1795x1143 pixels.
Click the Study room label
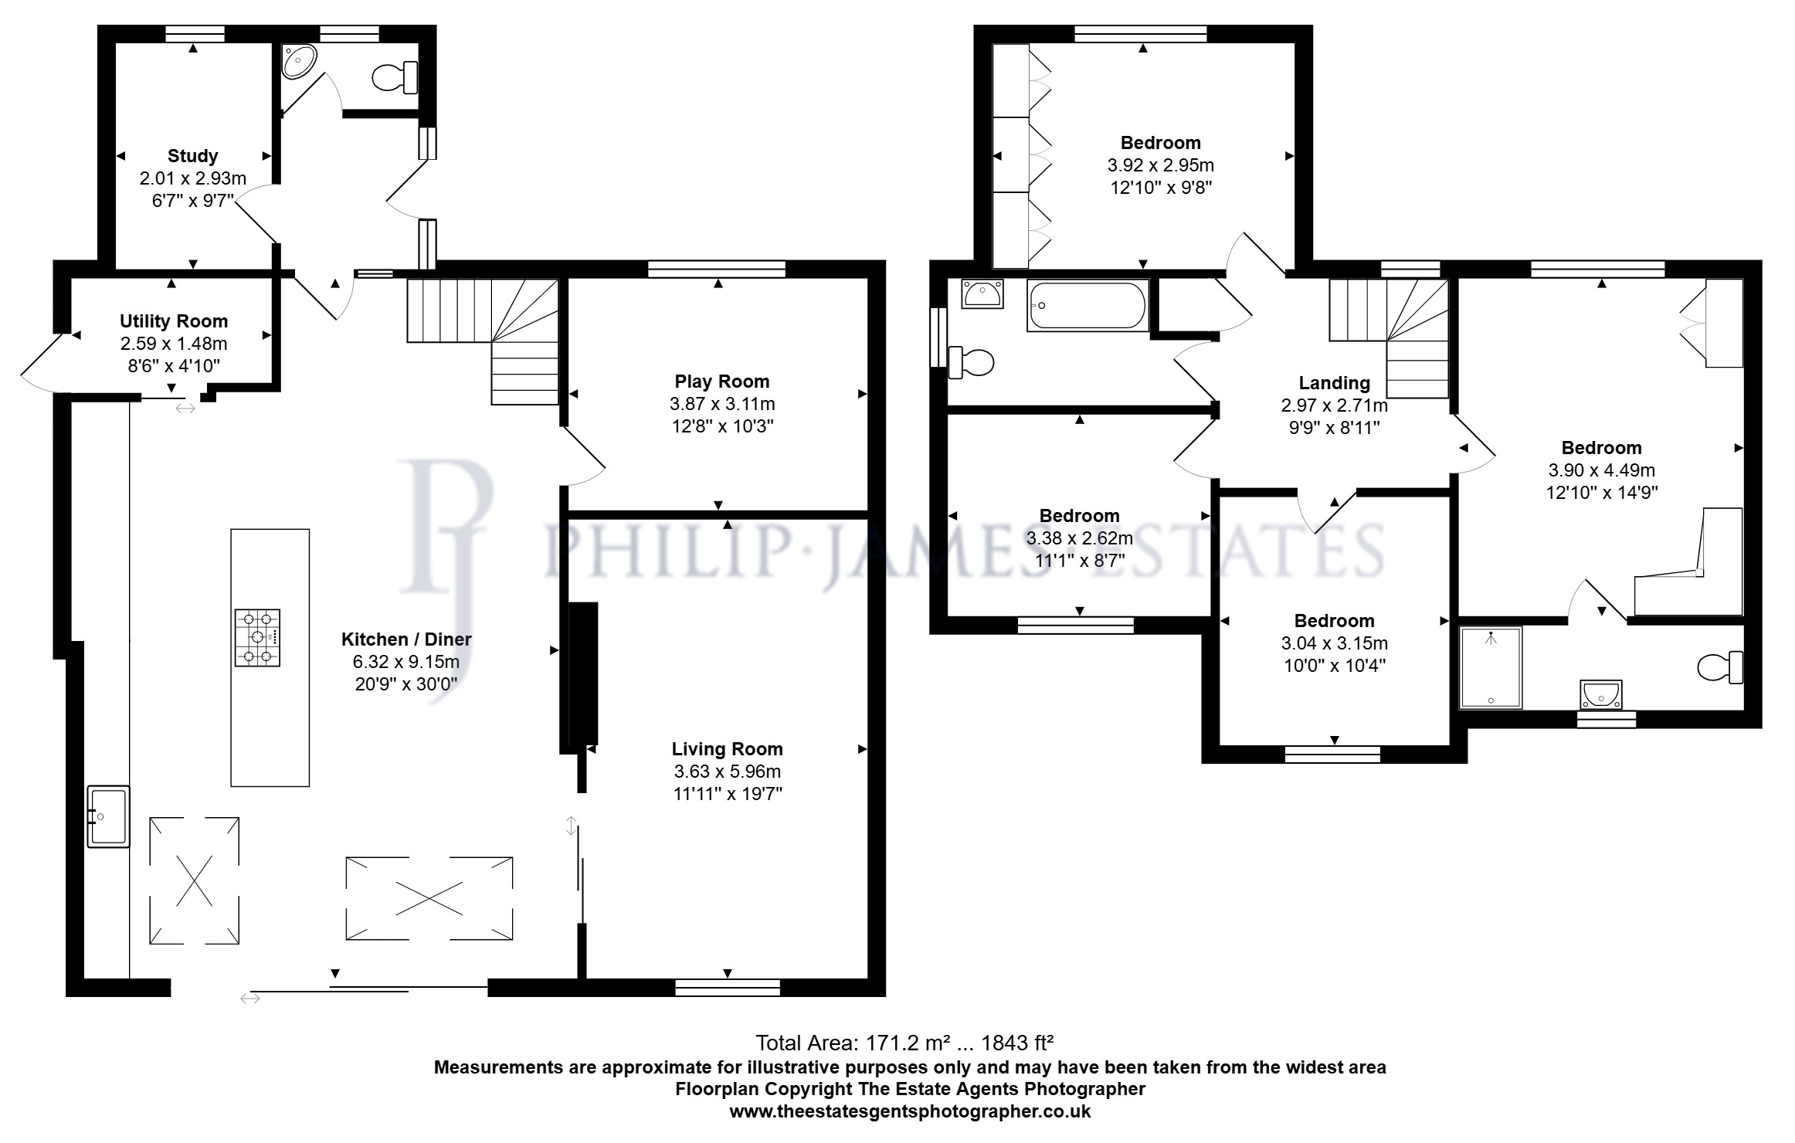tap(192, 156)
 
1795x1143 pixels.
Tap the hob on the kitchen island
tap(258, 638)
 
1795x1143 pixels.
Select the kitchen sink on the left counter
tap(108, 816)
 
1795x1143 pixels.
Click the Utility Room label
tap(174, 321)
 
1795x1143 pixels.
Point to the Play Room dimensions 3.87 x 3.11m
tap(722, 404)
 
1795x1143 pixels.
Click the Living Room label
tap(727, 749)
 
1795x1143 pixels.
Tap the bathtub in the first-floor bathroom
tap(1088, 306)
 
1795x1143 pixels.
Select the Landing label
tap(1334, 383)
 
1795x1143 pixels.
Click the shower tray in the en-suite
tap(1491, 668)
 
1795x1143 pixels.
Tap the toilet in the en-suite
tap(1720, 667)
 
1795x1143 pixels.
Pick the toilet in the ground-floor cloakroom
tap(395, 76)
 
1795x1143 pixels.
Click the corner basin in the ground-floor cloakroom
tap(299, 60)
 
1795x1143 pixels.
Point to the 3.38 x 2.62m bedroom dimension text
tap(1079, 538)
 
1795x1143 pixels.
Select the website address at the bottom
tap(910, 1111)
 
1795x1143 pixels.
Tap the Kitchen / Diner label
tap(406, 639)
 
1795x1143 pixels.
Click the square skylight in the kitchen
tap(194, 880)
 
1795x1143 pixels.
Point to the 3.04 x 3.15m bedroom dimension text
tap(1334, 643)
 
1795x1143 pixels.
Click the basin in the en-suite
tap(1601, 694)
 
